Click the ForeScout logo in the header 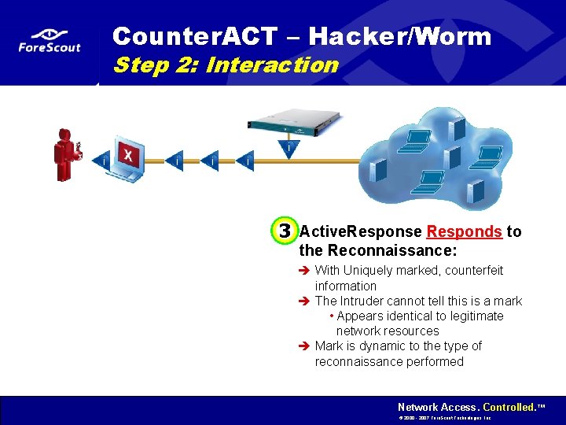point(50,41)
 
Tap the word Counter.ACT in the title point(195,36)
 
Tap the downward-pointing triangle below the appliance point(289,149)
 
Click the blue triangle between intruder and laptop point(101,159)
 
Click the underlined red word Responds point(464,231)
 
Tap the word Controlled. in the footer point(509,407)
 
